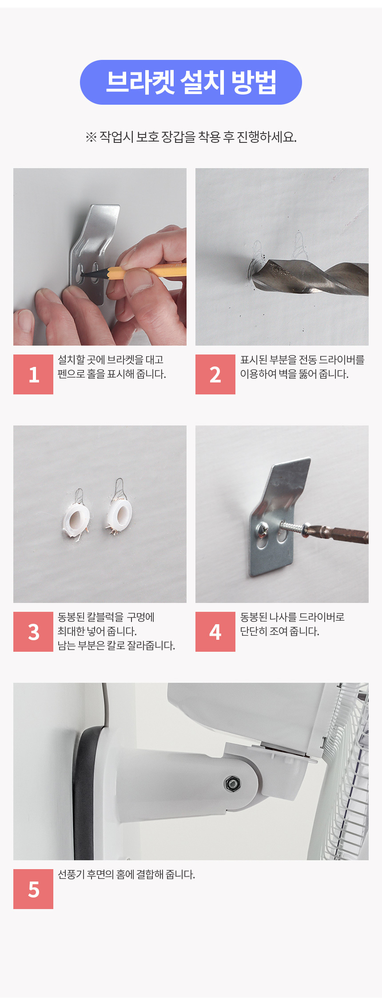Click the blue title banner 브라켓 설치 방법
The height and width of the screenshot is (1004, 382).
point(191,83)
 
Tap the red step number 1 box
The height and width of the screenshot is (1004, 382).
point(33,374)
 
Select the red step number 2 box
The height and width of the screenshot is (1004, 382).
point(215,374)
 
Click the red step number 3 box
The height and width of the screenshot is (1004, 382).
point(33,632)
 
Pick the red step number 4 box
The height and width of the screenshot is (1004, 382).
point(215,632)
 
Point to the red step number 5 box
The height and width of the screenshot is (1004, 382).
point(33,889)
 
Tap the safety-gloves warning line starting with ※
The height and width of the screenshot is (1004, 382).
point(191,137)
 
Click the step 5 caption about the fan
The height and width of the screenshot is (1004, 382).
point(127,874)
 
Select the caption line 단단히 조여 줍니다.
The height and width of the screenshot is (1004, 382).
point(280,631)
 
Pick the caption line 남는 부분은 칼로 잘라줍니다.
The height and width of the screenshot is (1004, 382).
point(116,646)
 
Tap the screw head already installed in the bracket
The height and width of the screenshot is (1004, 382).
point(261,528)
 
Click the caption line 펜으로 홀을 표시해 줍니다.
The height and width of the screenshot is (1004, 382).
point(112,374)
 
